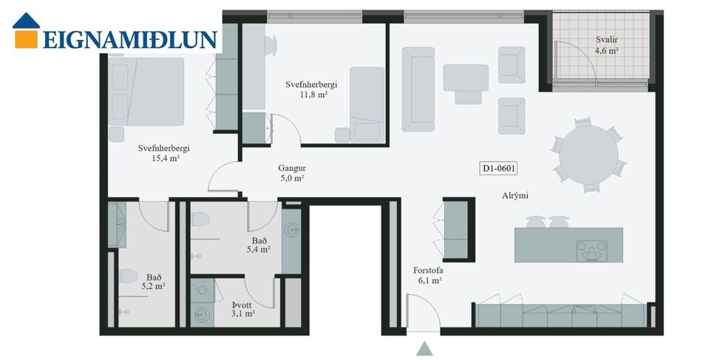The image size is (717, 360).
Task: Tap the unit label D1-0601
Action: coord(498,169)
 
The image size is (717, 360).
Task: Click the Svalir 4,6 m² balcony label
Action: coord(607,45)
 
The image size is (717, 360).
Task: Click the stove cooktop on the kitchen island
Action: coord(591,251)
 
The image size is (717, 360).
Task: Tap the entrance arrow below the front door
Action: coord(424,349)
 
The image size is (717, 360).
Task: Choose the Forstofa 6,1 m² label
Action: coord(427,275)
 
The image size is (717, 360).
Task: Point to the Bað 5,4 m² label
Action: coord(258,245)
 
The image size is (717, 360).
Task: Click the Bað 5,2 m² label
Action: coord(152,282)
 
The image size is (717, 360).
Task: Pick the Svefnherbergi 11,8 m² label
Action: coord(311,89)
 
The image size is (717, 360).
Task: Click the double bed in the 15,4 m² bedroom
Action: coord(147,92)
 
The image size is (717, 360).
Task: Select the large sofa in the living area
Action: coord(418,86)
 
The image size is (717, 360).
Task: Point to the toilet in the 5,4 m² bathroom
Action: coord(200,220)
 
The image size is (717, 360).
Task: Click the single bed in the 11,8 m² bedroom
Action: coord(367,103)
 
